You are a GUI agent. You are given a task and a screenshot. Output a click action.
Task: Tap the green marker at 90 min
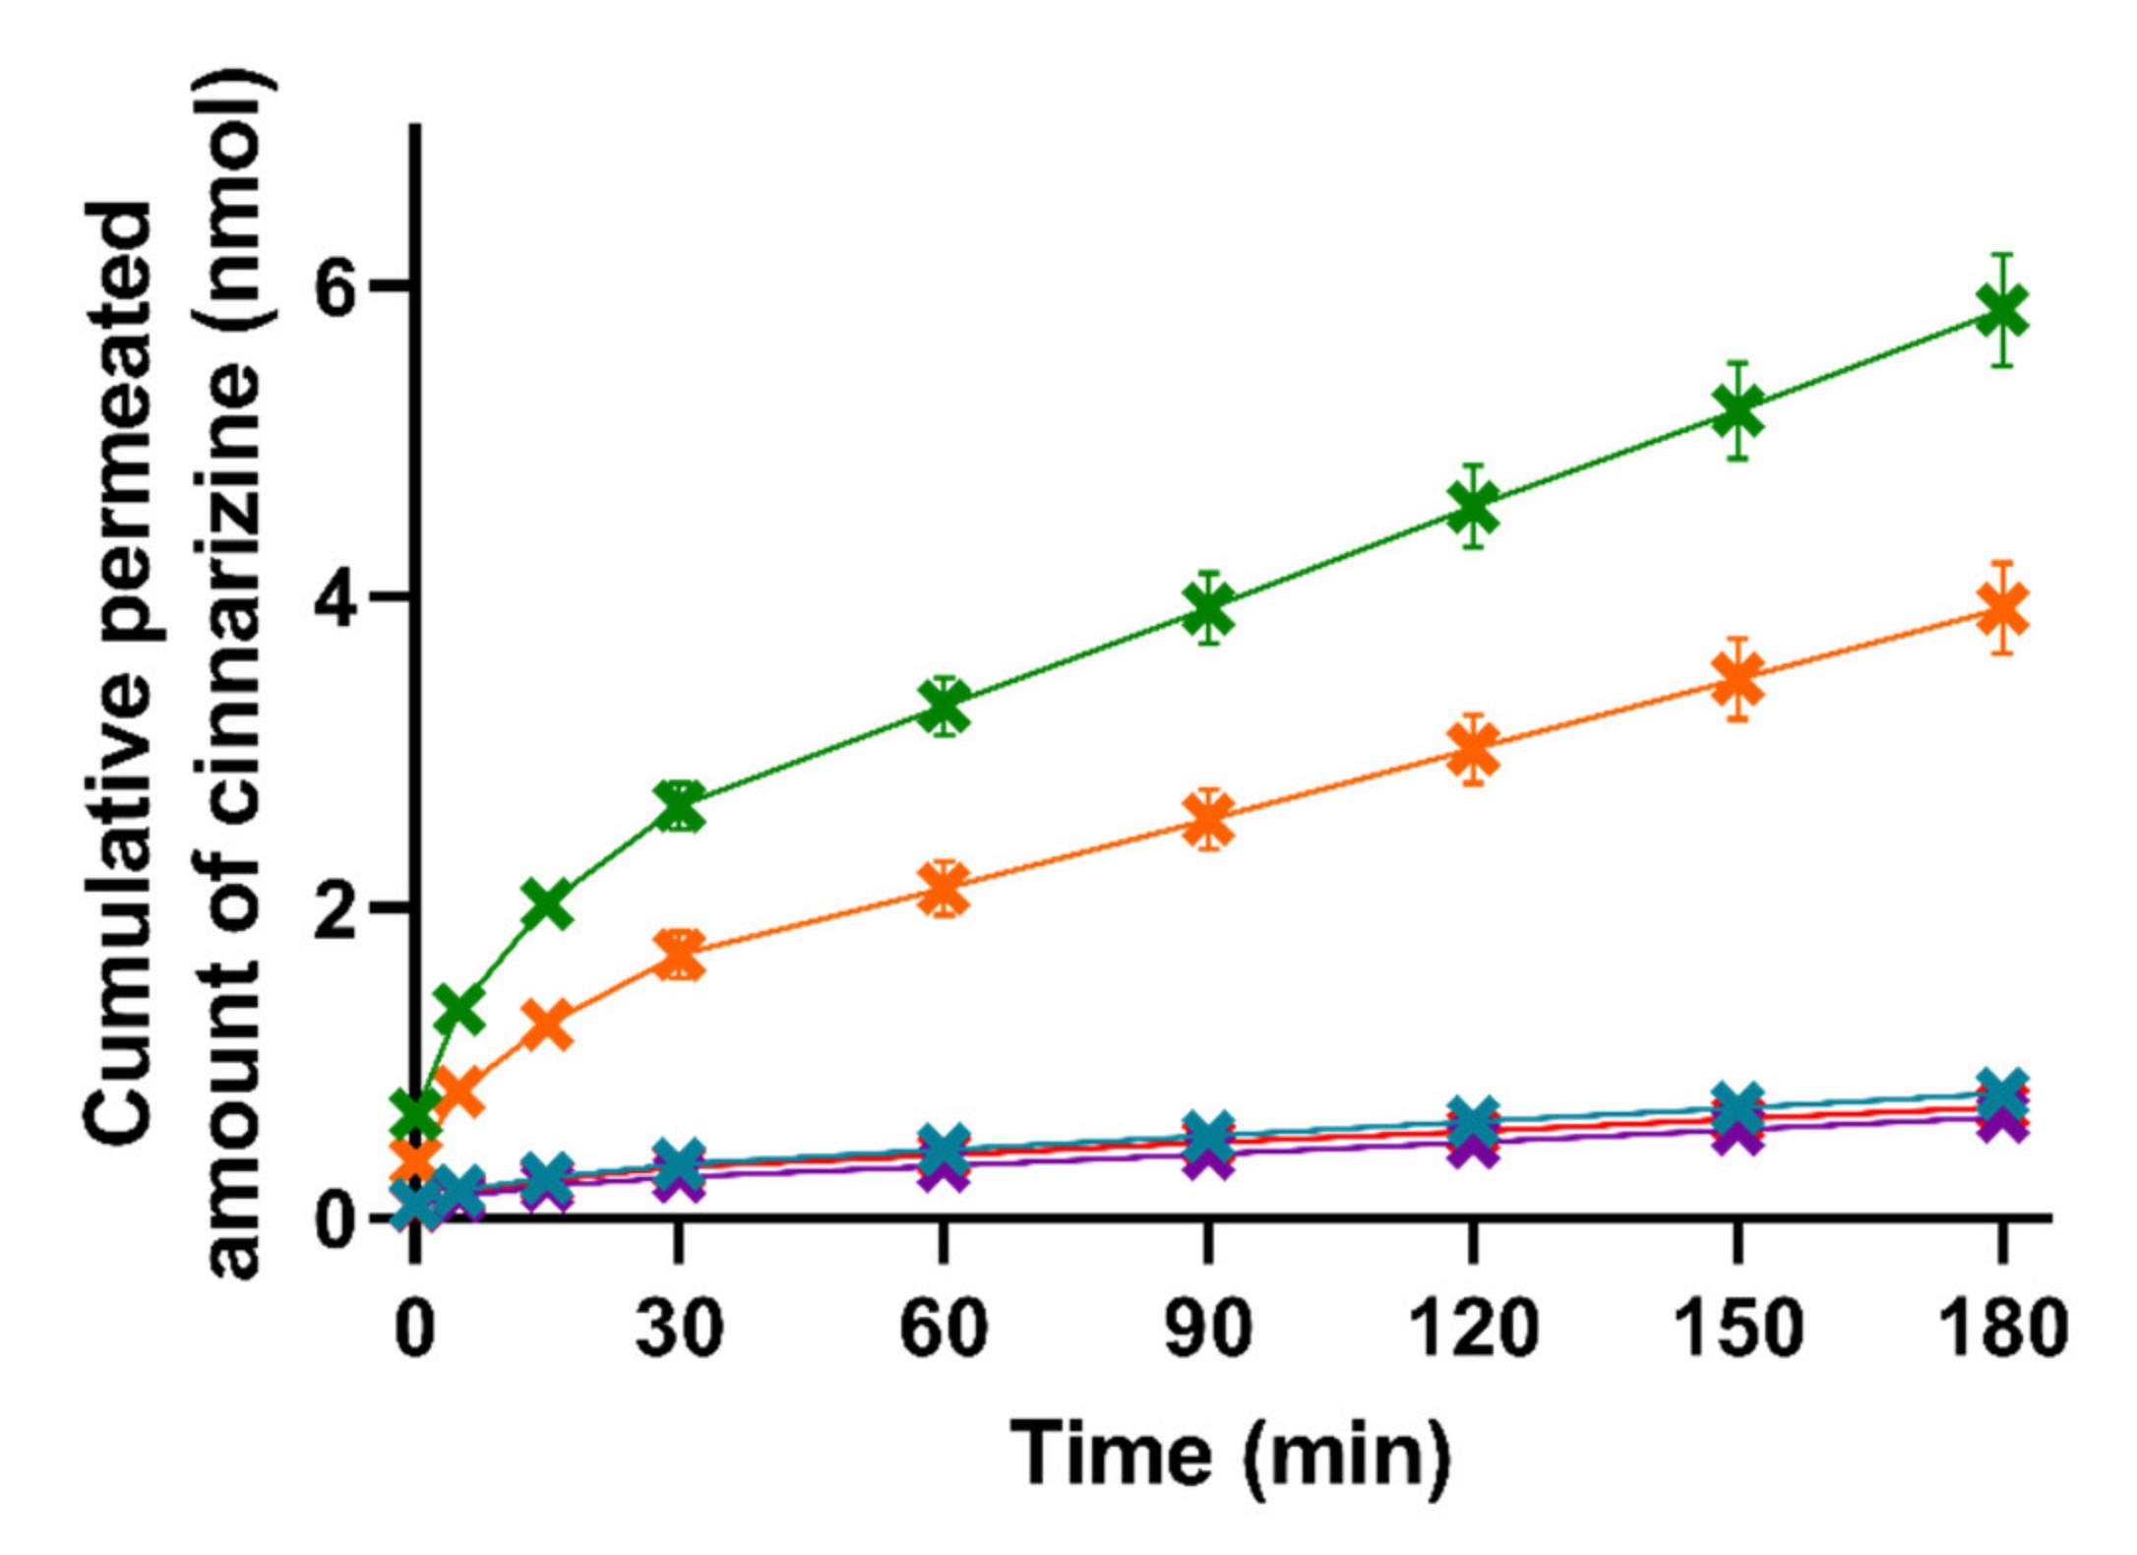pos(1208,608)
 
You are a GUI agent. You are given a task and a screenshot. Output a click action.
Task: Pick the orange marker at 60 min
pos(944,888)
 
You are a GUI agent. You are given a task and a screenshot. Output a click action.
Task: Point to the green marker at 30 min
pos(680,807)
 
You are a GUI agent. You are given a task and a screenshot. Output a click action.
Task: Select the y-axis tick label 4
pos(336,598)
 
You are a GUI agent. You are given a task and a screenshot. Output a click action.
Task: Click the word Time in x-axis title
pos(1111,1454)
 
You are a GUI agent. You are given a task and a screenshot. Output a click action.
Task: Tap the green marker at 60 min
pos(944,707)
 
